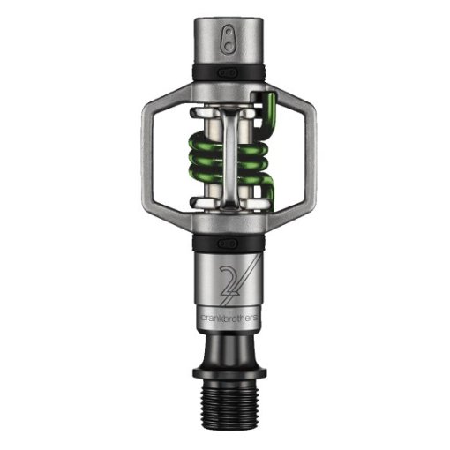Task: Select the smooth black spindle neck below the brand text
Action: coord(225,340)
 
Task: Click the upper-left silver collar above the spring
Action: coord(200,114)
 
